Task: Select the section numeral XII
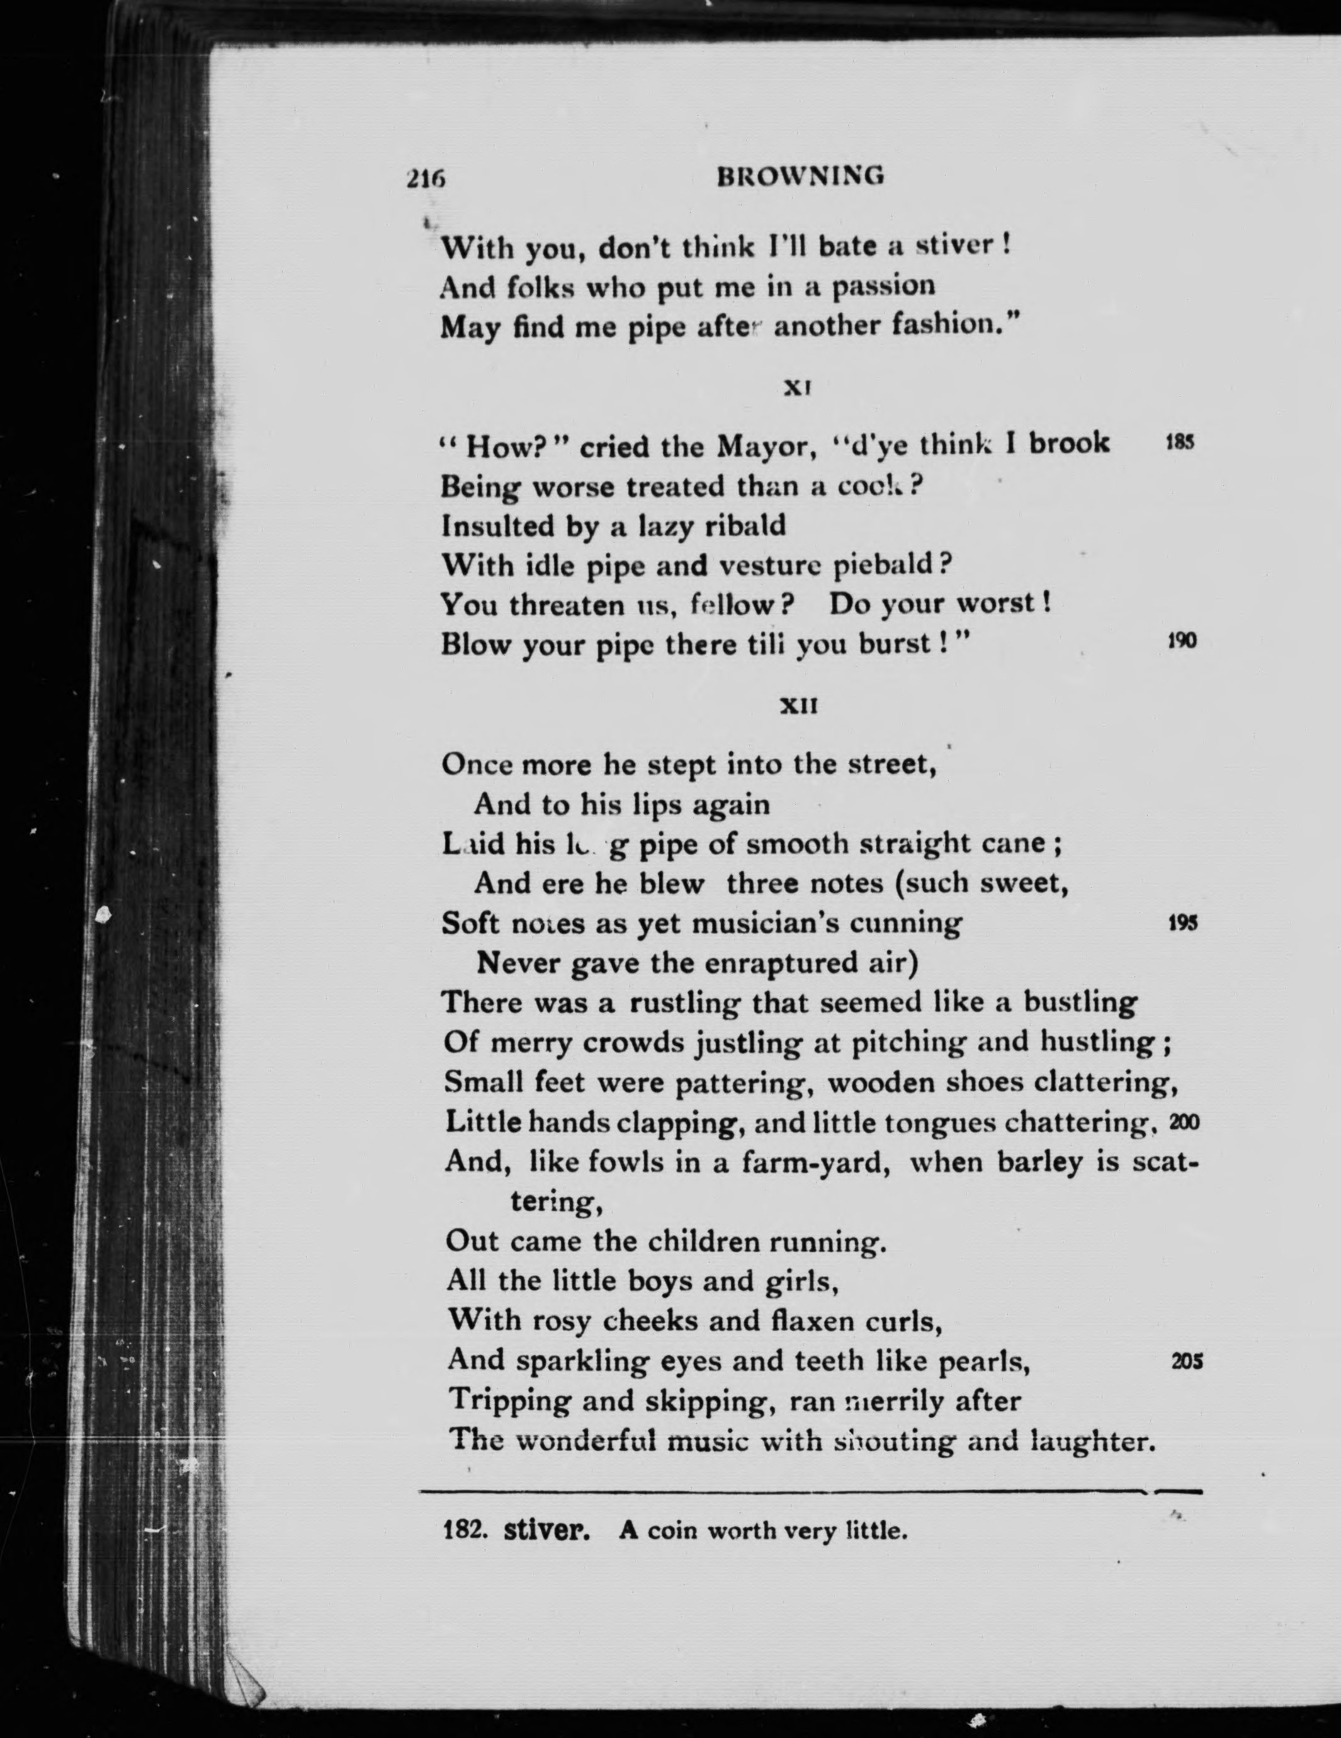coord(799,705)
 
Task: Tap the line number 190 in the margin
coord(1182,642)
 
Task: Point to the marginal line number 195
coord(1184,923)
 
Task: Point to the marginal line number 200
coord(1184,1123)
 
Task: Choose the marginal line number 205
coord(1187,1361)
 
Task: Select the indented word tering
coord(555,1203)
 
